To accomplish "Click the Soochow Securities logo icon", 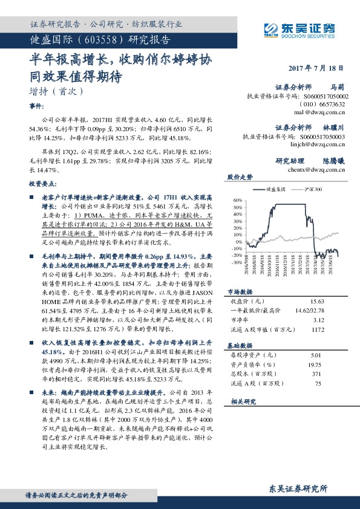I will point(271,28).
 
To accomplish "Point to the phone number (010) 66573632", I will point(328,104).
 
